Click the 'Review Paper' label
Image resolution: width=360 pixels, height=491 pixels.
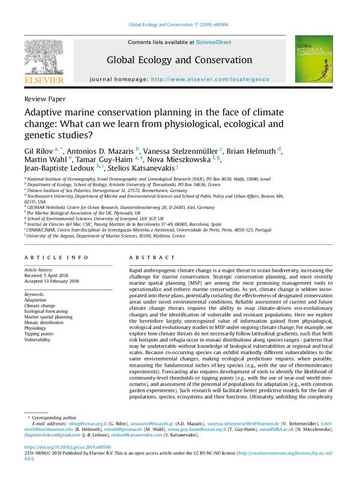pyautogui.click(x=45, y=98)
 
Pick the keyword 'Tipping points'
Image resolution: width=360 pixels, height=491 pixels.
pyautogui.click(x=41, y=334)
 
